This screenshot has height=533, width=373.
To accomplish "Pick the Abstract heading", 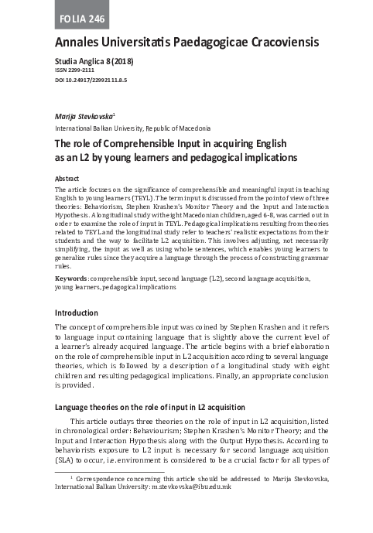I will click(x=67, y=178).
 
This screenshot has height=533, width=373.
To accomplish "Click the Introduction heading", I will click(x=76, y=313).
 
